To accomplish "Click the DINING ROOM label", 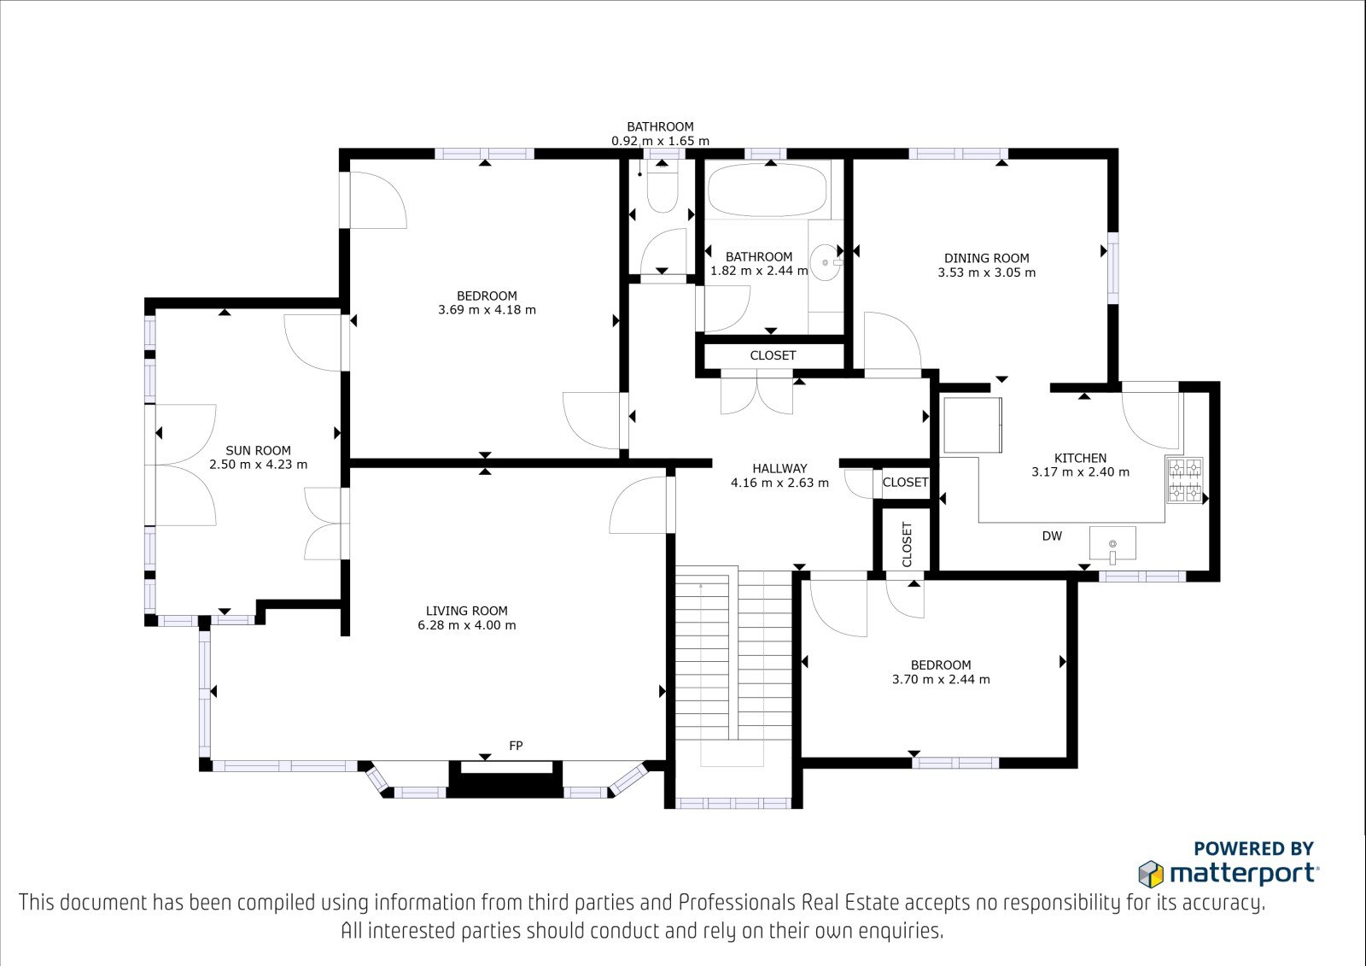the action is tap(987, 258).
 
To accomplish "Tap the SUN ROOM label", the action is tap(258, 450).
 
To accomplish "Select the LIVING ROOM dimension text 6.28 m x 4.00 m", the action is tap(466, 625).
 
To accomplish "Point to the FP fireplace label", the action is tap(516, 745).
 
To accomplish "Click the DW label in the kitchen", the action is tap(1052, 536).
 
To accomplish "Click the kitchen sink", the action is tap(1112, 543).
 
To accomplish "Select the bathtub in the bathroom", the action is tap(768, 190).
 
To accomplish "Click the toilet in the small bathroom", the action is tap(663, 185).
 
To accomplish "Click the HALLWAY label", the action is tap(779, 469).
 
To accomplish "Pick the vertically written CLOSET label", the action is tap(907, 544).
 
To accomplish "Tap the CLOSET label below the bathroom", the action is tap(773, 355).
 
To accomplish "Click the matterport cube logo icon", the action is tap(1151, 874).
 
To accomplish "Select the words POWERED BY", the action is tap(1254, 848).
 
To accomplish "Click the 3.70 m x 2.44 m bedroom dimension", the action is tap(941, 679).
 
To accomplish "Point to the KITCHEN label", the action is tap(1080, 458).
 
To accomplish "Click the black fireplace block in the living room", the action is tap(505, 780).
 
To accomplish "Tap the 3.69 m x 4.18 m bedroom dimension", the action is tap(487, 309).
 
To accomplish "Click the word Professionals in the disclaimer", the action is tap(737, 902).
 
